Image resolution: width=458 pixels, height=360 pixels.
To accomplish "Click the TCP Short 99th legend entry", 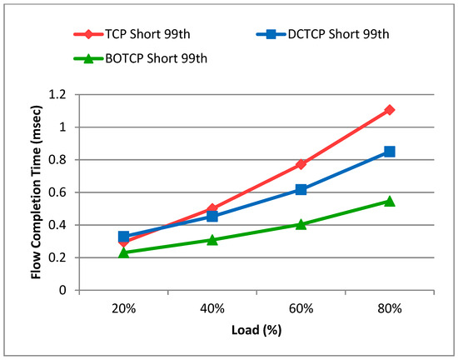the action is coord(132,34).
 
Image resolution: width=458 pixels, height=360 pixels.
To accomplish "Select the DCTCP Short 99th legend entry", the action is coord(323,34).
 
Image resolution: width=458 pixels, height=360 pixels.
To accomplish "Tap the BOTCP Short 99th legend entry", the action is coord(141,58).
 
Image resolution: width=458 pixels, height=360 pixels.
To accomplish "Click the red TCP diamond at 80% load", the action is coord(390,110).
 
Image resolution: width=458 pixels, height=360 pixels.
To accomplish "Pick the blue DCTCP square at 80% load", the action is coord(390,152).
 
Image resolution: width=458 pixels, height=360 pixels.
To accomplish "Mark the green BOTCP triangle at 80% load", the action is coord(390,201).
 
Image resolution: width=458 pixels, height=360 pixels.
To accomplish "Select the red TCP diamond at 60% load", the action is coord(301,164).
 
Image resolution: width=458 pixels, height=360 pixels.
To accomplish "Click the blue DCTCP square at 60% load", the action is coord(301,190).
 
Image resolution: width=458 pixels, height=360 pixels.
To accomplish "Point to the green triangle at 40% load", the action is coord(212,240).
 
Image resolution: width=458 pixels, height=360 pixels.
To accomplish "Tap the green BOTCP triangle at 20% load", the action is coord(123,252).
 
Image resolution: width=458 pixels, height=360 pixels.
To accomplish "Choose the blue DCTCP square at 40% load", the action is coord(212,217).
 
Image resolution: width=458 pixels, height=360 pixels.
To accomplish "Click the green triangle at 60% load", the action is coord(301,224).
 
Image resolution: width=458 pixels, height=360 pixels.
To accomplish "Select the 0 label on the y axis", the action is coord(62,290).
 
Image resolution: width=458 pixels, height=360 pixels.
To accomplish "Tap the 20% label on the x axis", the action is coord(123,308).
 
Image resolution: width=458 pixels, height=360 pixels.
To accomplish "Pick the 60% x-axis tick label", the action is coord(301,308).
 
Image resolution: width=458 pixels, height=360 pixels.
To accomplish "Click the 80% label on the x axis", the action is coord(390,308).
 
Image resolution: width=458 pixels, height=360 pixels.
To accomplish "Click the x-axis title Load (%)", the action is coord(256,330).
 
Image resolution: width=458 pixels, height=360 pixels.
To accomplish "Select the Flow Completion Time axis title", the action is coord(36,192).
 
